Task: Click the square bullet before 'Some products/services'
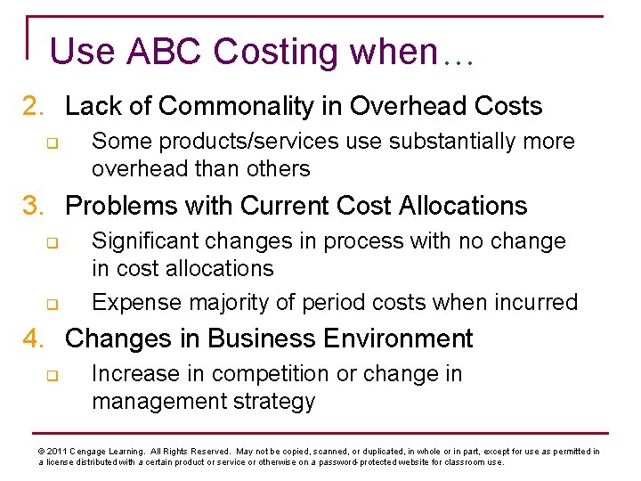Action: (52, 143)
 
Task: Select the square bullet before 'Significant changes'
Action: (52, 242)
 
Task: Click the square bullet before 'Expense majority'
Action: (52, 304)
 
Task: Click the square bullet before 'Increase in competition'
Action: (52, 375)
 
